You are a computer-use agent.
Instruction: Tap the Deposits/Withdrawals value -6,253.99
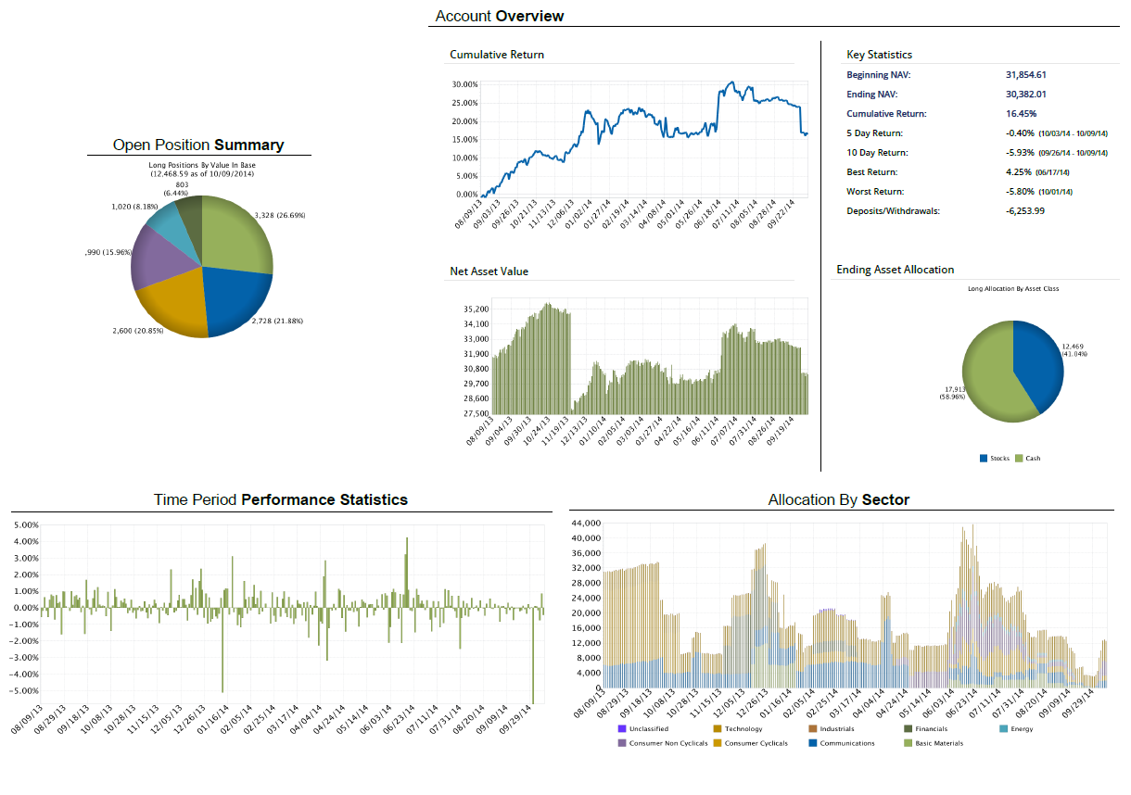coord(1025,210)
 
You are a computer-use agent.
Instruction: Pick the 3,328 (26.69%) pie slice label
coord(279,215)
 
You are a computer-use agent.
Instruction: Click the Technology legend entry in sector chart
coord(743,729)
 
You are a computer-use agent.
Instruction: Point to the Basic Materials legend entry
coord(938,743)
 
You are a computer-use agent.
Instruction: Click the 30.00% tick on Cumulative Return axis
coord(464,84)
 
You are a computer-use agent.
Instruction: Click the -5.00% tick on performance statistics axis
coord(26,690)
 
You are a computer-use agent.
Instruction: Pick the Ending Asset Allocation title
coord(895,270)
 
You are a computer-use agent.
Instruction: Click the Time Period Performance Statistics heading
coord(280,499)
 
